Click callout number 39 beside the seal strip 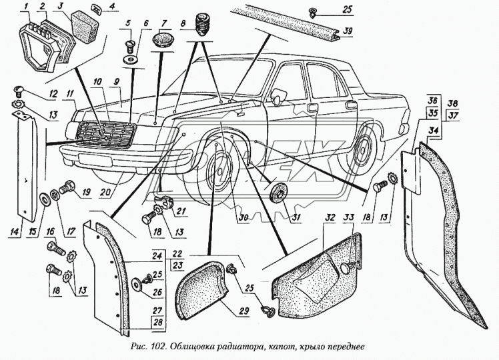pos(348,31)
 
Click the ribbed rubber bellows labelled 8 pos(199,31)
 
